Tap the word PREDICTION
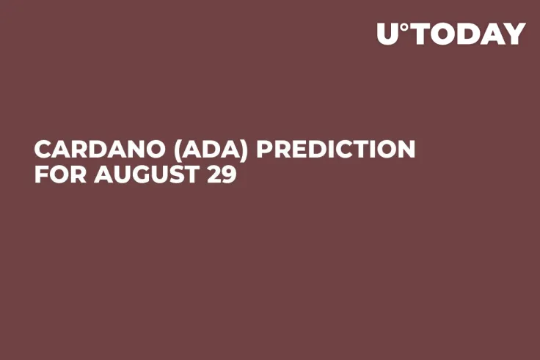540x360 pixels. pyautogui.click(x=335, y=150)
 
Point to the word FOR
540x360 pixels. pyautogui.click(x=56, y=175)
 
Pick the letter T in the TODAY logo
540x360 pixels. pyautogui.click(x=420, y=34)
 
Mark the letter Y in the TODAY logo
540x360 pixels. pyautogui.click(x=515, y=34)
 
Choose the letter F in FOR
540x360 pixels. pyautogui.click(x=41, y=175)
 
